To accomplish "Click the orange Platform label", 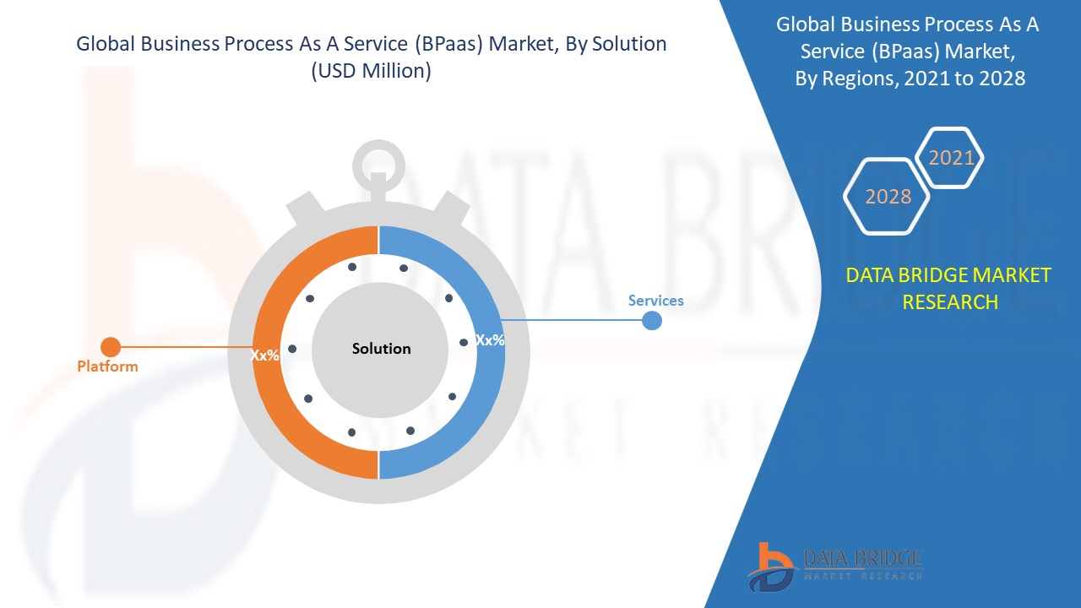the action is point(107,366).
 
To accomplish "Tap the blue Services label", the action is point(656,301).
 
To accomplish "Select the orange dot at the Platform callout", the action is point(111,347).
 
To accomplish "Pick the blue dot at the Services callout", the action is point(652,320).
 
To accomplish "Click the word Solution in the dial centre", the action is point(381,349).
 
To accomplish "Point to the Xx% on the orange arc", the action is point(264,356).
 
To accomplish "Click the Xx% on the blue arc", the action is point(490,340).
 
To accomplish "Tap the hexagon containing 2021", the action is point(949,157).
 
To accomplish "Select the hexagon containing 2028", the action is point(887,197).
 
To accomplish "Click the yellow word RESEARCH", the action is point(950,302).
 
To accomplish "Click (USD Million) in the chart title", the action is point(371,71).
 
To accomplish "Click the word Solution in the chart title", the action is point(629,44).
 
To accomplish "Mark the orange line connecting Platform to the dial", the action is point(187,347).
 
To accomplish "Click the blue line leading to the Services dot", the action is point(572,319).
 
